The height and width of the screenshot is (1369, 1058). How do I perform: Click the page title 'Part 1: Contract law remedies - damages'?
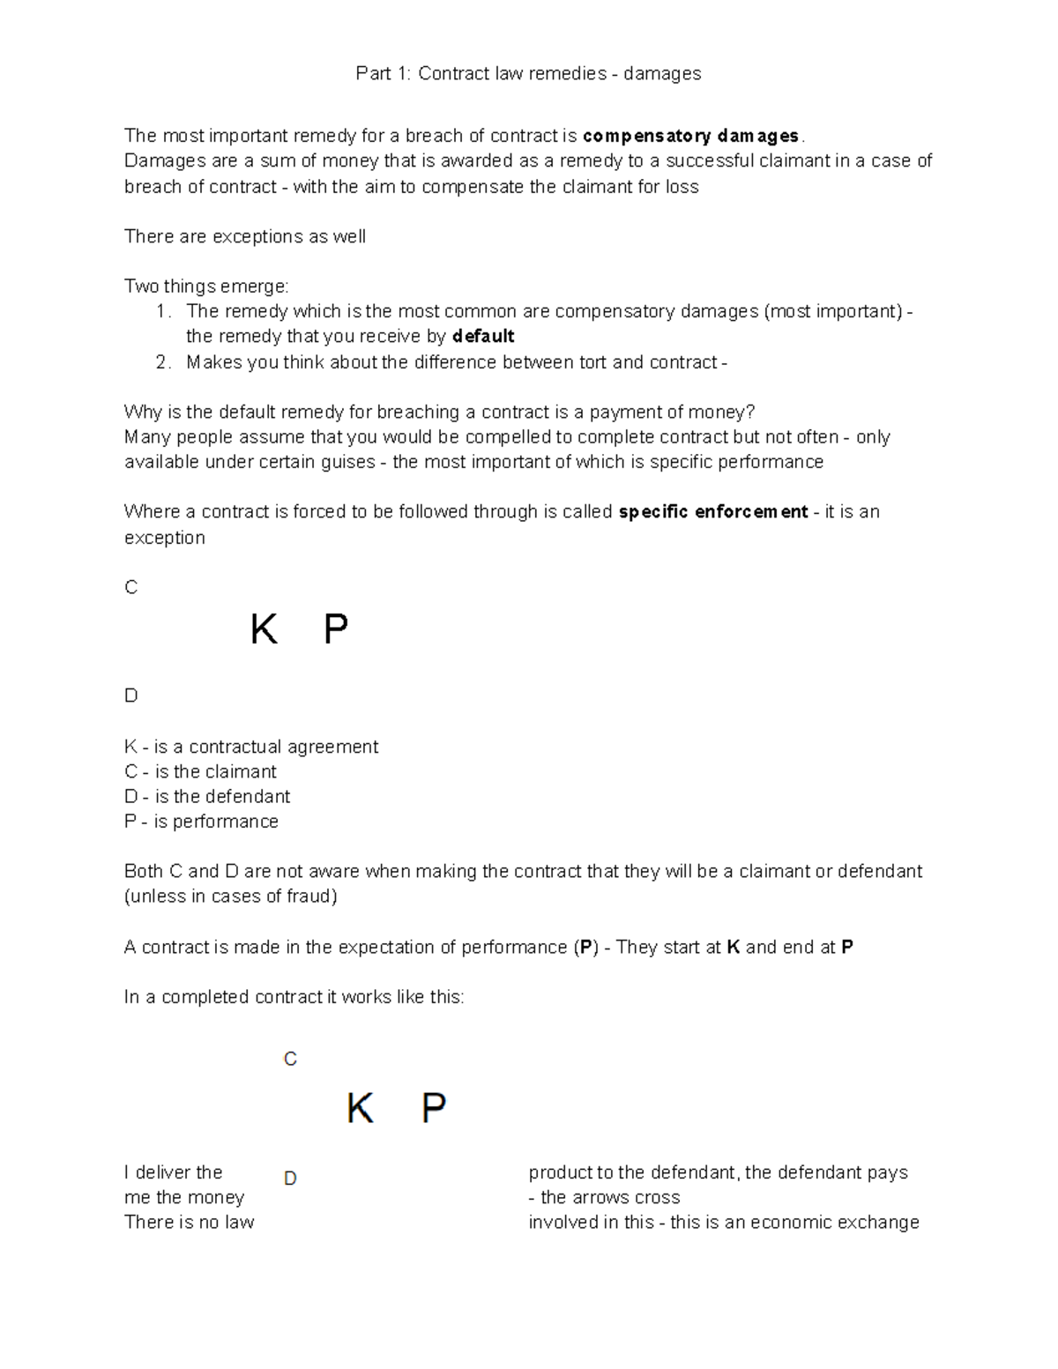coord(528,73)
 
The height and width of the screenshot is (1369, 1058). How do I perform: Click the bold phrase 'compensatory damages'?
coord(691,136)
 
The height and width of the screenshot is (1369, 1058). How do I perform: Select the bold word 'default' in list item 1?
coord(482,336)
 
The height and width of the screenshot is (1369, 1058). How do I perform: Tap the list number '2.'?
coord(163,362)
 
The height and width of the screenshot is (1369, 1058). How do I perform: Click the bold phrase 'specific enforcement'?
coord(713,512)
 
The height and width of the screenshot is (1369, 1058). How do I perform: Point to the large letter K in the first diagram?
coord(264,630)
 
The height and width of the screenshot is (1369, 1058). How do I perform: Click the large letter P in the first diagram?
coord(336,630)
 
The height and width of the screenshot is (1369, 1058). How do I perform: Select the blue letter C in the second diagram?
coord(290,1059)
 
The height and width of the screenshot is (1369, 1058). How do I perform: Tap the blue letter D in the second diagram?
coord(290,1179)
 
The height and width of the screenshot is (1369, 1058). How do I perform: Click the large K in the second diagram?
coord(360,1108)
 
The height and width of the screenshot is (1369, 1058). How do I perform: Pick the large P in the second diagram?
coord(433,1108)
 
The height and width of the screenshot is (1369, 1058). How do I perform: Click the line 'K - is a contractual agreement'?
coord(251,747)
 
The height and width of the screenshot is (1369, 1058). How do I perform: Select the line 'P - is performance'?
coord(201,822)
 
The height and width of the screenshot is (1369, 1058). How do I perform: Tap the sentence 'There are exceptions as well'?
coord(244,236)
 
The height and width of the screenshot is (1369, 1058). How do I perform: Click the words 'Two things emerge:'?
coord(206,286)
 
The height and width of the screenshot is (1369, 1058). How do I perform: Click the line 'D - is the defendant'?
coord(207,796)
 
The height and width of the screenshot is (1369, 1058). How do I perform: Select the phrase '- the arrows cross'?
coord(604,1197)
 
